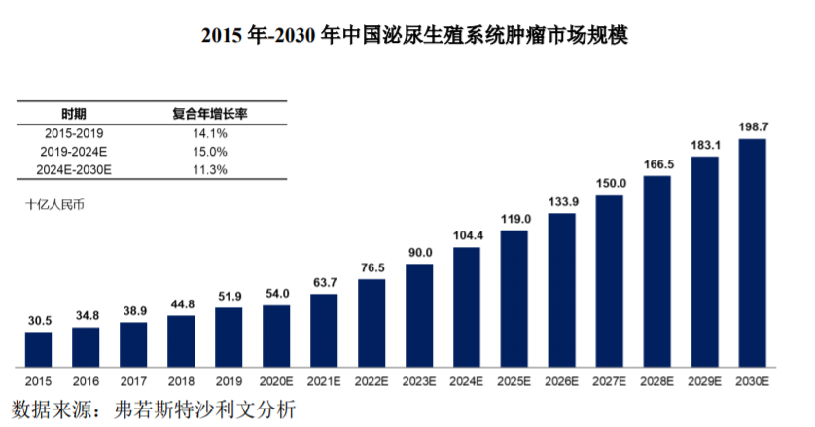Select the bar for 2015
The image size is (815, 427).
tap(38, 346)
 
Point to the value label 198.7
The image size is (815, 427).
tap(753, 127)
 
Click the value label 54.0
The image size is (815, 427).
tap(276, 293)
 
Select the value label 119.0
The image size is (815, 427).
tap(514, 218)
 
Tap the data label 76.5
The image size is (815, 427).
tap(372, 267)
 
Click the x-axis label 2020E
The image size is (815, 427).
tap(276, 383)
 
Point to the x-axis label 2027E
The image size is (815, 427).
tap(609, 383)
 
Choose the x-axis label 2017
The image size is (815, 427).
tap(133, 383)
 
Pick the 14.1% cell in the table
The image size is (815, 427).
tap(210, 132)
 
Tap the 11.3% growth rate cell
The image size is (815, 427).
tap(210, 169)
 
